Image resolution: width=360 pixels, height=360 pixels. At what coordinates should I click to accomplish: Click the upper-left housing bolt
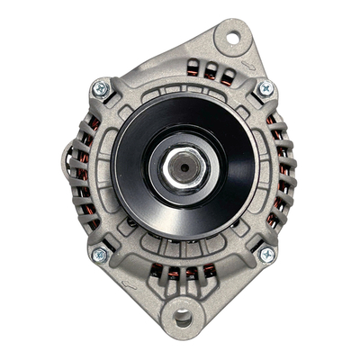tap(101, 88)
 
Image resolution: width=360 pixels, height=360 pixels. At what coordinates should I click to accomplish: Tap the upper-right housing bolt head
tap(265, 88)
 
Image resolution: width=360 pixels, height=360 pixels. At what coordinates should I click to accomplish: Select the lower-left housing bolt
tap(100, 255)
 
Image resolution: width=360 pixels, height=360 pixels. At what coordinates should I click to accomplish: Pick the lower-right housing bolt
tap(266, 255)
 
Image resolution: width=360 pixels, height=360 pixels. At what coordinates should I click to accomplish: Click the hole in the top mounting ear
tap(232, 38)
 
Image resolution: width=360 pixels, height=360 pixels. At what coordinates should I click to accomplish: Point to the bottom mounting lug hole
tap(184, 317)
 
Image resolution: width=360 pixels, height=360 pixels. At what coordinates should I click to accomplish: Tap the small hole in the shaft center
tap(182, 166)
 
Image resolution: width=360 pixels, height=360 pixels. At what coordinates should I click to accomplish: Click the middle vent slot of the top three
tap(208, 72)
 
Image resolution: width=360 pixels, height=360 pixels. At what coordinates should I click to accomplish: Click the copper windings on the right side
tap(283, 171)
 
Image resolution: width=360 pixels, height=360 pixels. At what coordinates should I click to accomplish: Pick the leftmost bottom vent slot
tap(157, 270)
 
